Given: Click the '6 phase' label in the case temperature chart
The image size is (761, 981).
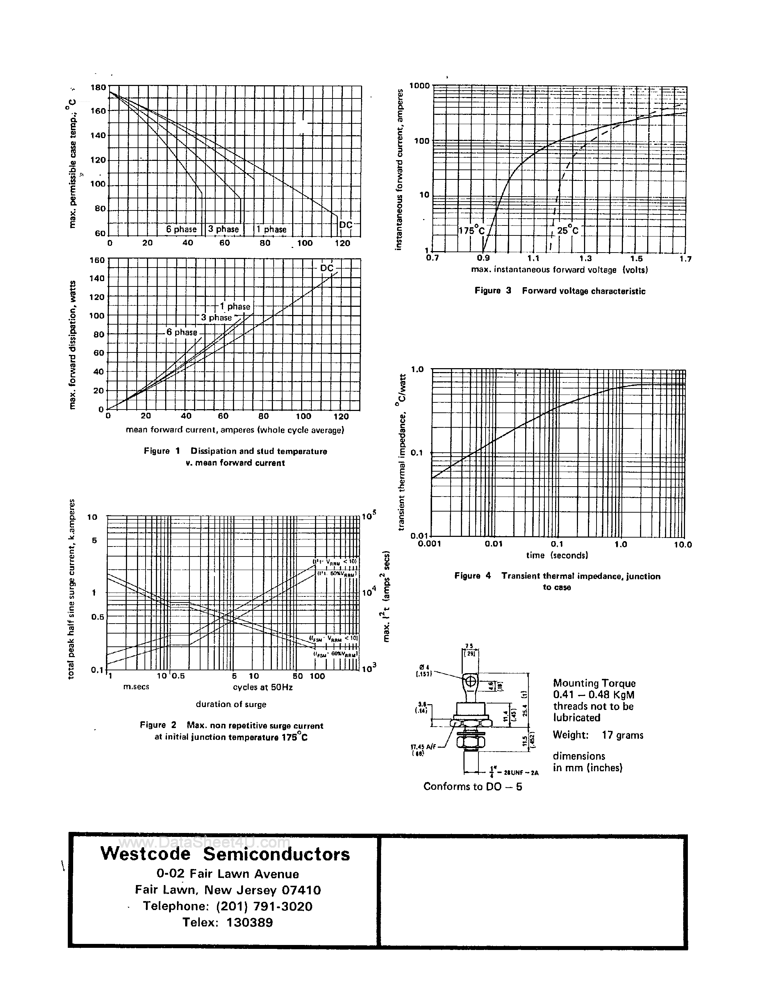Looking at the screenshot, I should [181, 229].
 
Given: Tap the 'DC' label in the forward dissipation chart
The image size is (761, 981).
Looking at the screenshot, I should [326, 268].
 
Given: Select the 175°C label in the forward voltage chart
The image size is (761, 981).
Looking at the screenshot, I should [471, 231].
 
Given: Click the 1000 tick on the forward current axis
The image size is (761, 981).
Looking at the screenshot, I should [419, 85].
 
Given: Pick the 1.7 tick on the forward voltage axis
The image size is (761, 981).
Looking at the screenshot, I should [685, 259].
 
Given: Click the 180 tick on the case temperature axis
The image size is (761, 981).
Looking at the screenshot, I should [98, 87].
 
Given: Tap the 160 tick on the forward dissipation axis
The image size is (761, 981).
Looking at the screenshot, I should [97, 260].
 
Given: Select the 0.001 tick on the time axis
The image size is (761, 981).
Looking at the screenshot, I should [430, 544].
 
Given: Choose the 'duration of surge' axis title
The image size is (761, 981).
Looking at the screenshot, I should [231, 704].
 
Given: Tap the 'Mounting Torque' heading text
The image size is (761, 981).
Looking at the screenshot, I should [594, 683].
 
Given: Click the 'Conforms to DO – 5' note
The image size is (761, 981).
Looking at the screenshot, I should [473, 787].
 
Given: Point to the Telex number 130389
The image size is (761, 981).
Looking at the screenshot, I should [249, 922].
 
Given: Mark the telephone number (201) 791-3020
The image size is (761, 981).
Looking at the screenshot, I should [264, 906].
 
